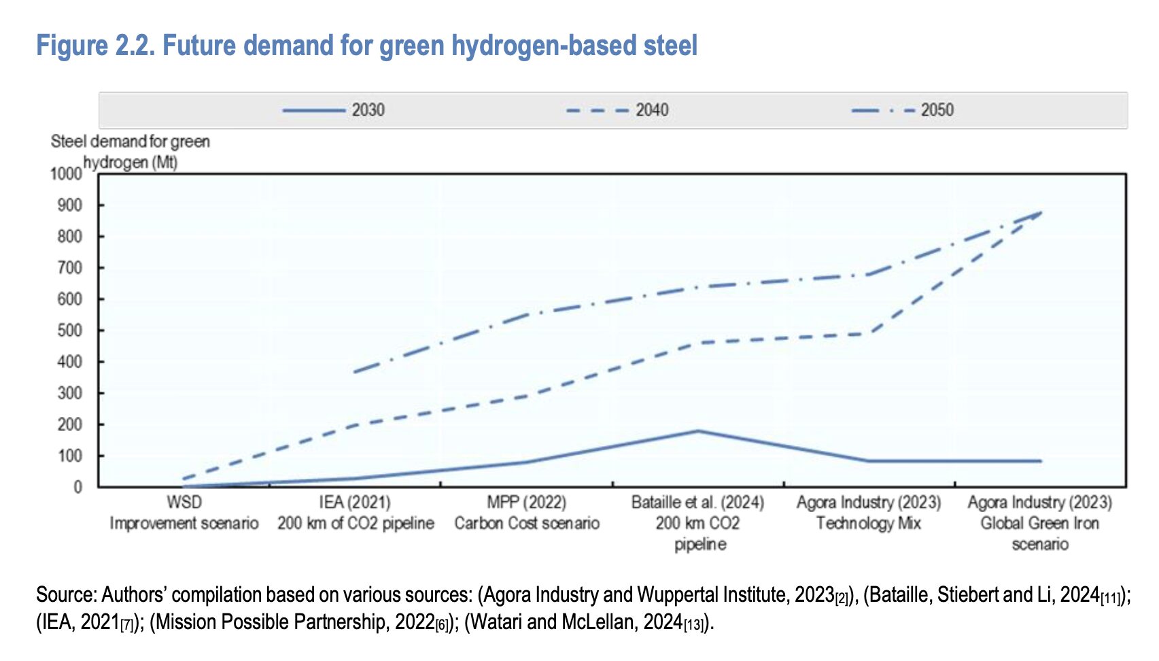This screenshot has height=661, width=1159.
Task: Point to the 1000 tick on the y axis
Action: coord(66,174)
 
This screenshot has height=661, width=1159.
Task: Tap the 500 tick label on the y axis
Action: coord(69,330)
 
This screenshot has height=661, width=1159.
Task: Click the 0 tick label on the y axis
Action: coord(77,487)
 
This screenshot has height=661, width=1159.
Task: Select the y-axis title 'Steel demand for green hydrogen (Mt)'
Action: coord(130,152)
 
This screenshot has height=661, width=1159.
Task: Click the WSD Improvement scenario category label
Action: coord(184,513)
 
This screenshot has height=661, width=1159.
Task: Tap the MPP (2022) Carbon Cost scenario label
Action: coord(527,513)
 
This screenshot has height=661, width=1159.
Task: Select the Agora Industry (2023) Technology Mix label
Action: coord(869,513)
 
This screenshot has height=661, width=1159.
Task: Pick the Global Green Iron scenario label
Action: coord(1040,522)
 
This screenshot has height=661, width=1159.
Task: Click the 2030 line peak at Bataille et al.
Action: coord(698,431)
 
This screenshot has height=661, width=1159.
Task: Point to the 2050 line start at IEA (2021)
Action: coord(356,372)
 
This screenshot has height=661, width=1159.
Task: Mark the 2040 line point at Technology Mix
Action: coord(869,333)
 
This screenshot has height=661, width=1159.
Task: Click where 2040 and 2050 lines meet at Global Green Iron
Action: coord(1040,213)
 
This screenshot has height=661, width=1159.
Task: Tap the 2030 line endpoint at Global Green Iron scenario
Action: coord(1040,461)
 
